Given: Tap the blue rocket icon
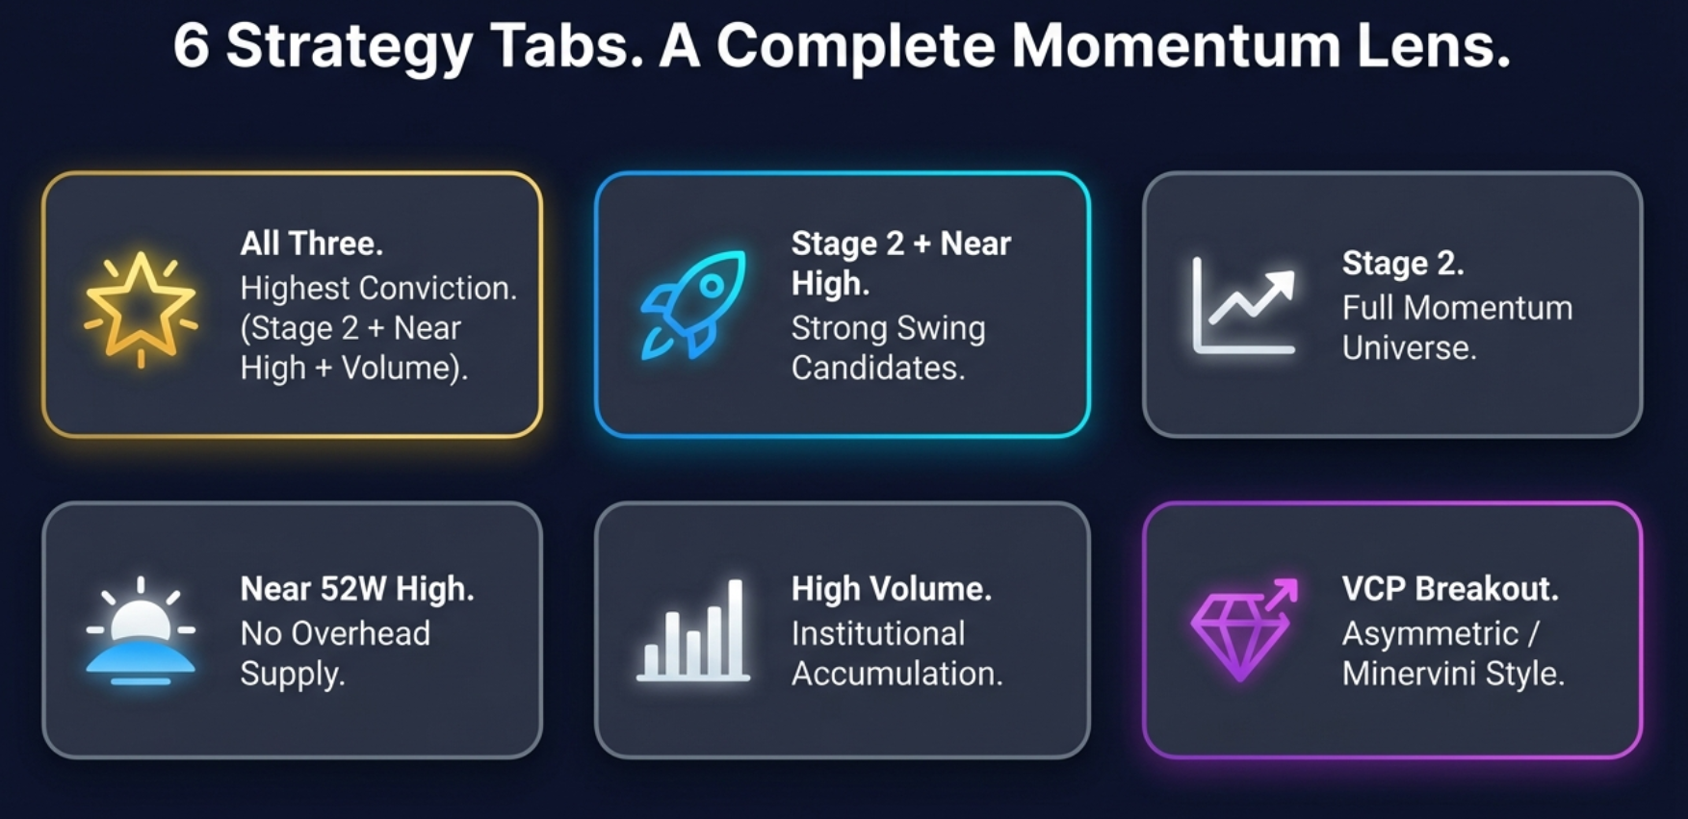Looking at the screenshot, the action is coord(693,304).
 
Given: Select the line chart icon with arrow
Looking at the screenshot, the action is coord(1244,306).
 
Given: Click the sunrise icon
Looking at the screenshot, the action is coord(141,631).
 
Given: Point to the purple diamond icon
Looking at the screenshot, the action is coord(1244,630).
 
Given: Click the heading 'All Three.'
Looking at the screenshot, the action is coord(311,243).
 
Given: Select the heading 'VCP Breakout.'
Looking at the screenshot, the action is coord(1449,589).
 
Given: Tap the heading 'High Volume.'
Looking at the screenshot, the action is coord(891,589).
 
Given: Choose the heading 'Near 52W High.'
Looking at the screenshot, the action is coord(356,589).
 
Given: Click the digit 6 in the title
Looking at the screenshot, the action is coord(191,46).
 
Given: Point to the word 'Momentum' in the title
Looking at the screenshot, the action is coord(1175,46).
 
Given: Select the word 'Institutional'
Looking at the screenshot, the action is coord(878,633).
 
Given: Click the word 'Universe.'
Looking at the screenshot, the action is coord(1409,347).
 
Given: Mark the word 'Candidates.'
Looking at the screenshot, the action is coord(878,368).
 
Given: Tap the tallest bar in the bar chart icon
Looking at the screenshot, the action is coord(735,627).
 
